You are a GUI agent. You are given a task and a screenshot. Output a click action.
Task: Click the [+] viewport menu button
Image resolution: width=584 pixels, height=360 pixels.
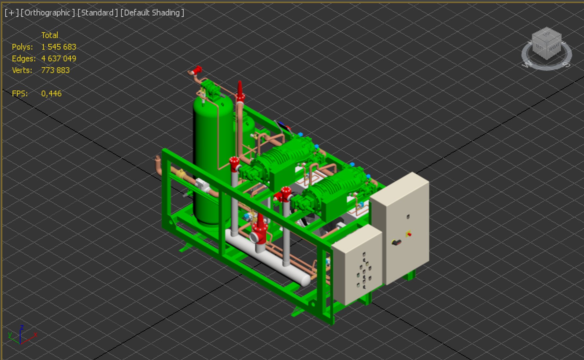[x=11, y=13]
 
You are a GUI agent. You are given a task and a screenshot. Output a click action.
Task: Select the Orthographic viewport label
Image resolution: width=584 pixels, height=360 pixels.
[x=47, y=13]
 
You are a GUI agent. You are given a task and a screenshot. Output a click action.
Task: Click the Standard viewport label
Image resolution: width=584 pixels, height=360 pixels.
[x=97, y=13]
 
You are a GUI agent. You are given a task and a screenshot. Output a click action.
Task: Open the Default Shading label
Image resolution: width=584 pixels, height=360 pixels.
[x=152, y=13]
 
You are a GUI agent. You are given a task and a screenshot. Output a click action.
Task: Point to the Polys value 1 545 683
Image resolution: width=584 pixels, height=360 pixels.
[x=59, y=47]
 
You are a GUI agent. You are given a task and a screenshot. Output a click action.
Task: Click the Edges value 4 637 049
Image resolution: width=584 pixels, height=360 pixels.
[x=59, y=59]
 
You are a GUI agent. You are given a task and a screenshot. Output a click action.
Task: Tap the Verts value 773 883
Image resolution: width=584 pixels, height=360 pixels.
[x=55, y=70]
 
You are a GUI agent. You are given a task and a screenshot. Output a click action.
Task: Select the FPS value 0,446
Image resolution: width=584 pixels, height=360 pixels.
[x=51, y=94]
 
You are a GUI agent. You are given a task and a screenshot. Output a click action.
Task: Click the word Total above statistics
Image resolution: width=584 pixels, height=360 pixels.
[x=50, y=35]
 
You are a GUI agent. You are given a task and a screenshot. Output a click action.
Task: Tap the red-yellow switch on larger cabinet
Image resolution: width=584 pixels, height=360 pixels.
[x=409, y=234]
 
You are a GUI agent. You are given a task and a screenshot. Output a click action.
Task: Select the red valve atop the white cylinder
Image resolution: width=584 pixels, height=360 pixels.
[x=259, y=230]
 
